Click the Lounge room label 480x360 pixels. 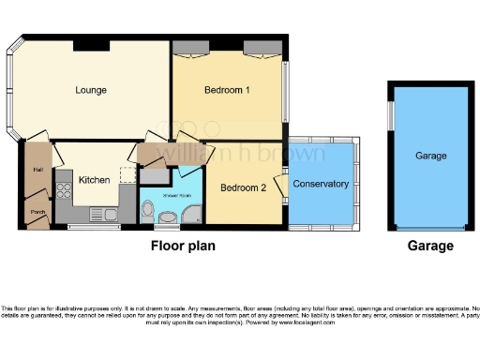(91, 91)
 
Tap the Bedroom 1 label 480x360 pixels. (227, 91)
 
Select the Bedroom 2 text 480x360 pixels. (243, 187)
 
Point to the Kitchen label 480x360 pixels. (95, 179)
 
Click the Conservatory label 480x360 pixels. (321, 184)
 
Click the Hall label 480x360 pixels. (38, 170)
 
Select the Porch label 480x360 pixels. (38, 211)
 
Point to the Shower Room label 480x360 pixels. (169, 195)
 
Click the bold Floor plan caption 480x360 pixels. (184, 247)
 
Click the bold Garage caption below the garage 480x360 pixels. (430, 247)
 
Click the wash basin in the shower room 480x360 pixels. (168, 219)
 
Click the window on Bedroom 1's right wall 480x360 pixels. (286, 90)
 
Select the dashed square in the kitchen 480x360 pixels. (127, 174)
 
